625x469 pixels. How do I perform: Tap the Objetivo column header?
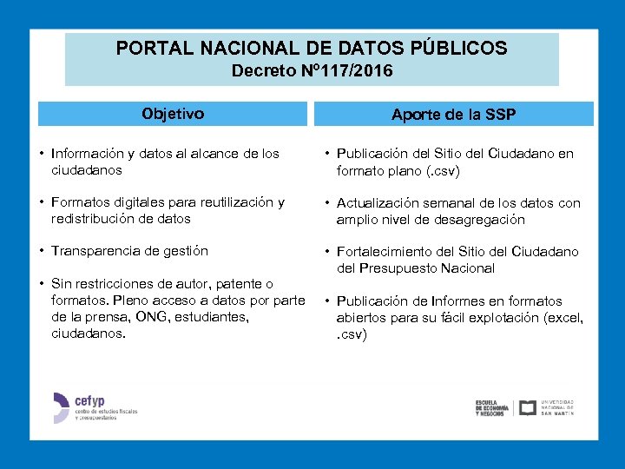tap(173, 114)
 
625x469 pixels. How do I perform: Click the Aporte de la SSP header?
tap(454, 115)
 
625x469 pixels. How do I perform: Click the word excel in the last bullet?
tap(565, 318)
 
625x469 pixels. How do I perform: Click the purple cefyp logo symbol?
tap(60, 407)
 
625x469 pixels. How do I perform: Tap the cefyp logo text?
tap(91, 401)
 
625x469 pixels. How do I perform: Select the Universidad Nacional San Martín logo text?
tap(557, 407)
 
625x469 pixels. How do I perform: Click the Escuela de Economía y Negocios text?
tap(492, 408)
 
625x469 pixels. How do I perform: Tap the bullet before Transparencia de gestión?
tap(42, 251)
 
